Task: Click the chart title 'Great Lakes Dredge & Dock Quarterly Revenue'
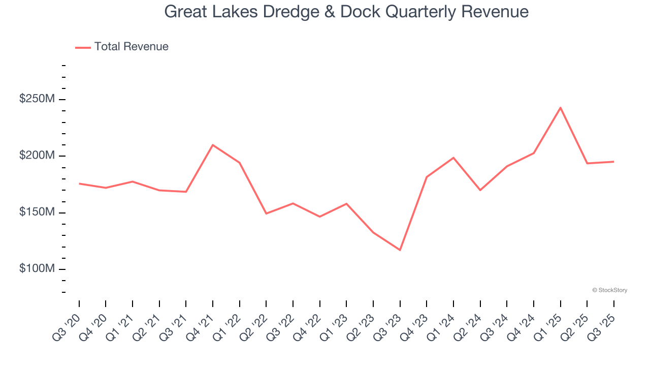(346, 11)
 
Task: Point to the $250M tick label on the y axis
(37, 99)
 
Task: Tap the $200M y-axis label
(37, 156)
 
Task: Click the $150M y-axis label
(37, 212)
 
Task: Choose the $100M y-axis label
(37, 269)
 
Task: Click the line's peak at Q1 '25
(560, 108)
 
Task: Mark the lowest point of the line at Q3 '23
(400, 250)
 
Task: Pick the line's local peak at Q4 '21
(213, 145)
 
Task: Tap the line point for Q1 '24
(453, 158)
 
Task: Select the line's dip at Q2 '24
(480, 190)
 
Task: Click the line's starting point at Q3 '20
(79, 184)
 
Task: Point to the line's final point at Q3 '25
(613, 162)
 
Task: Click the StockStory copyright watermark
(609, 290)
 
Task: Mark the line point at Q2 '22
(266, 213)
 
